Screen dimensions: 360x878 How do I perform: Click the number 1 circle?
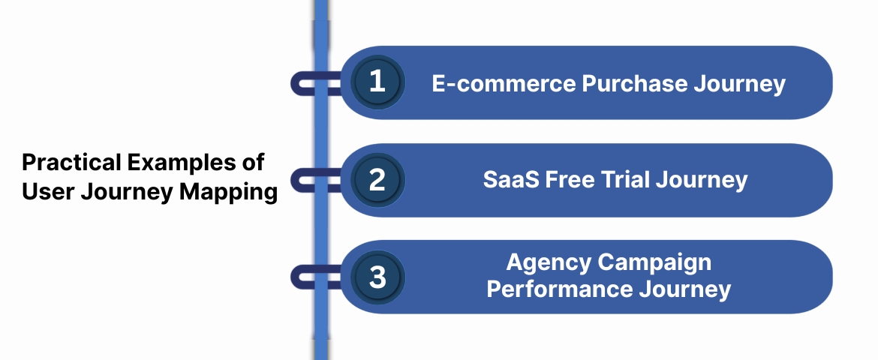pos(377,82)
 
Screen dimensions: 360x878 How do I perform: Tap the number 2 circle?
pos(377,180)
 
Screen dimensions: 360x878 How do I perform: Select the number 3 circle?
pos(377,277)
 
